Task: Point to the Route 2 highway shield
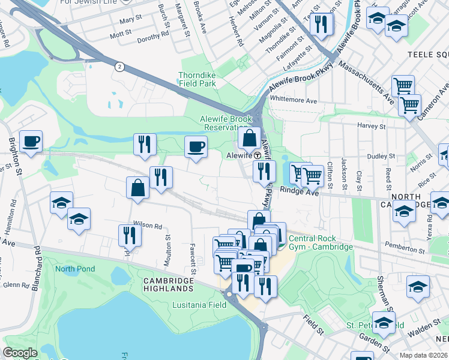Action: tap(120, 67)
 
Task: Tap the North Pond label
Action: tap(74, 268)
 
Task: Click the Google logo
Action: tap(20, 353)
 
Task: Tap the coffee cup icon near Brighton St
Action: tap(31, 142)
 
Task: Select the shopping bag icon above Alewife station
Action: tap(249, 139)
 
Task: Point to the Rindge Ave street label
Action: tap(305, 193)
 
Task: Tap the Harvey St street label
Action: tap(370, 126)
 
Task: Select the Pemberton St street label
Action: tap(409, 247)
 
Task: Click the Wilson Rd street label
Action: tap(148, 226)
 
